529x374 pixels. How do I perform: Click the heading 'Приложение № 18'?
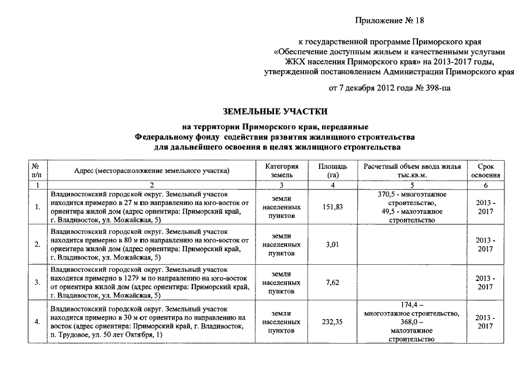pos(388,21)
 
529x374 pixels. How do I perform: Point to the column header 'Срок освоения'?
pos(485,171)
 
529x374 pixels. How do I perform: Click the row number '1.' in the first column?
pos(37,207)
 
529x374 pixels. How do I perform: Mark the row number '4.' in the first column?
pos(37,322)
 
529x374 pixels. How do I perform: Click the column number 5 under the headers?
pos(412,185)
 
